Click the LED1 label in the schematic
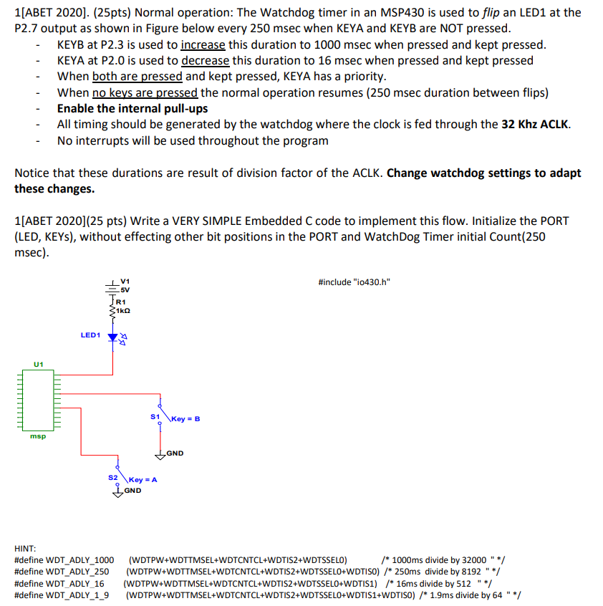pos(90,335)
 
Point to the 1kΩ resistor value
pos(124,312)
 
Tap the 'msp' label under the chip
pos(38,436)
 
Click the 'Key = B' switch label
pos(185,418)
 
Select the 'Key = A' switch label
pos(143,479)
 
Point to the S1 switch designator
pos(154,416)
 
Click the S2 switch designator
pos(112,476)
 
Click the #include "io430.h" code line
pos(354,282)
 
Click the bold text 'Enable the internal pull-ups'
pos(132,108)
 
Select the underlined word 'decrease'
pos(205,60)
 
